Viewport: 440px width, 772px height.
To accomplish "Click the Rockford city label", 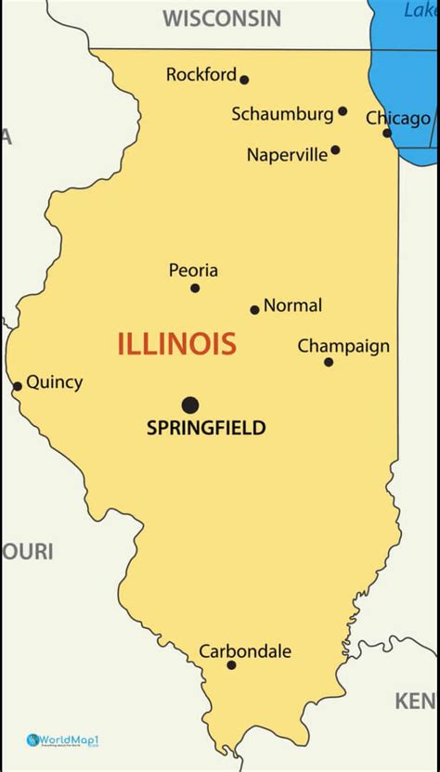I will click(201, 75).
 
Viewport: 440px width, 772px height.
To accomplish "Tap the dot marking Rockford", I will click(244, 80).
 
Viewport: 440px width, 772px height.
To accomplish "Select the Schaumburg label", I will click(282, 114).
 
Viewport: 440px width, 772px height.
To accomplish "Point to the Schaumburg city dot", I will click(343, 111).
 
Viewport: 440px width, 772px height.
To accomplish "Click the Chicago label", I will click(398, 118).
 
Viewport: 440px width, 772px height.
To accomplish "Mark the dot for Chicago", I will click(387, 133).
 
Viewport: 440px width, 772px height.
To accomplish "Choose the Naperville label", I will click(287, 155).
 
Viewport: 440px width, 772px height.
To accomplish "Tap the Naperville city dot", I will click(335, 149).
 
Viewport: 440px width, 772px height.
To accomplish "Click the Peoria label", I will click(193, 270).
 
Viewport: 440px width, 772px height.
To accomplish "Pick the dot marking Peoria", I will click(195, 288).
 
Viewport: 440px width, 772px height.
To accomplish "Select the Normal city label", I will click(292, 305).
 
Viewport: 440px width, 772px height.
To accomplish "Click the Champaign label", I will click(343, 346).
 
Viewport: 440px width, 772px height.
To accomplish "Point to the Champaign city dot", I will click(329, 362).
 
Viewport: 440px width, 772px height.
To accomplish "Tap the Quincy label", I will click(54, 381).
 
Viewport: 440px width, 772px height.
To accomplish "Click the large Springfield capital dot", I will click(190, 405).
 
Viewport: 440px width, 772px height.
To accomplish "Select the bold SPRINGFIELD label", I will click(206, 428).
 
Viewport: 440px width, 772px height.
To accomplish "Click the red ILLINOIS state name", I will click(176, 344).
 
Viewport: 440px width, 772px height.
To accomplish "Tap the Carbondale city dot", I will click(231, 665).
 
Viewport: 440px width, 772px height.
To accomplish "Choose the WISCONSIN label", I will click(222, 18).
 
